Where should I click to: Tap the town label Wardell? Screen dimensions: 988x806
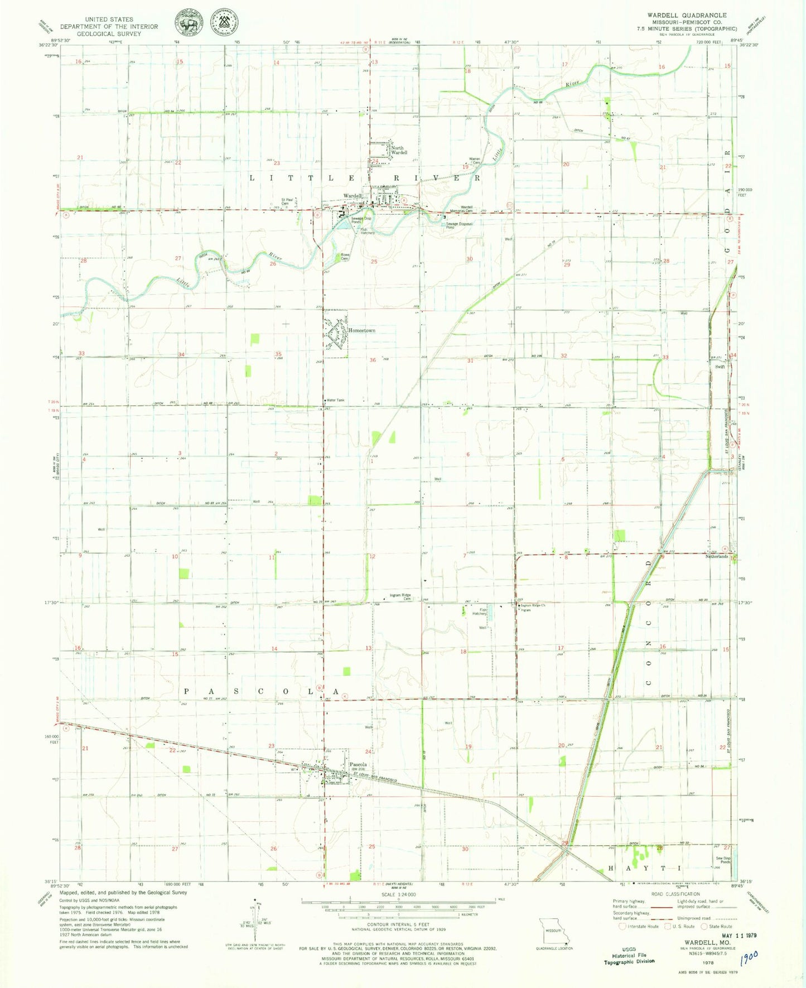coord(353,196)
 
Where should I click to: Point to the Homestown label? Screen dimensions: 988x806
coord(361,330)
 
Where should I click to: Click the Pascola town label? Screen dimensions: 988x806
coord(358,764)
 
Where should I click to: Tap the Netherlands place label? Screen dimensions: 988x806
coord(717,556)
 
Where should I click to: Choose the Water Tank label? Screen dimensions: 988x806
coord(336,400)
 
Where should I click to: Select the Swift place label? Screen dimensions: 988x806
coord(720,367)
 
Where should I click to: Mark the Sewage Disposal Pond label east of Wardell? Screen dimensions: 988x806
coord(459,225)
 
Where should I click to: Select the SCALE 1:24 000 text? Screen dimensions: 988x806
coord(398,894)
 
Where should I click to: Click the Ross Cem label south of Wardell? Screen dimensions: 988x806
coord(345,257)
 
